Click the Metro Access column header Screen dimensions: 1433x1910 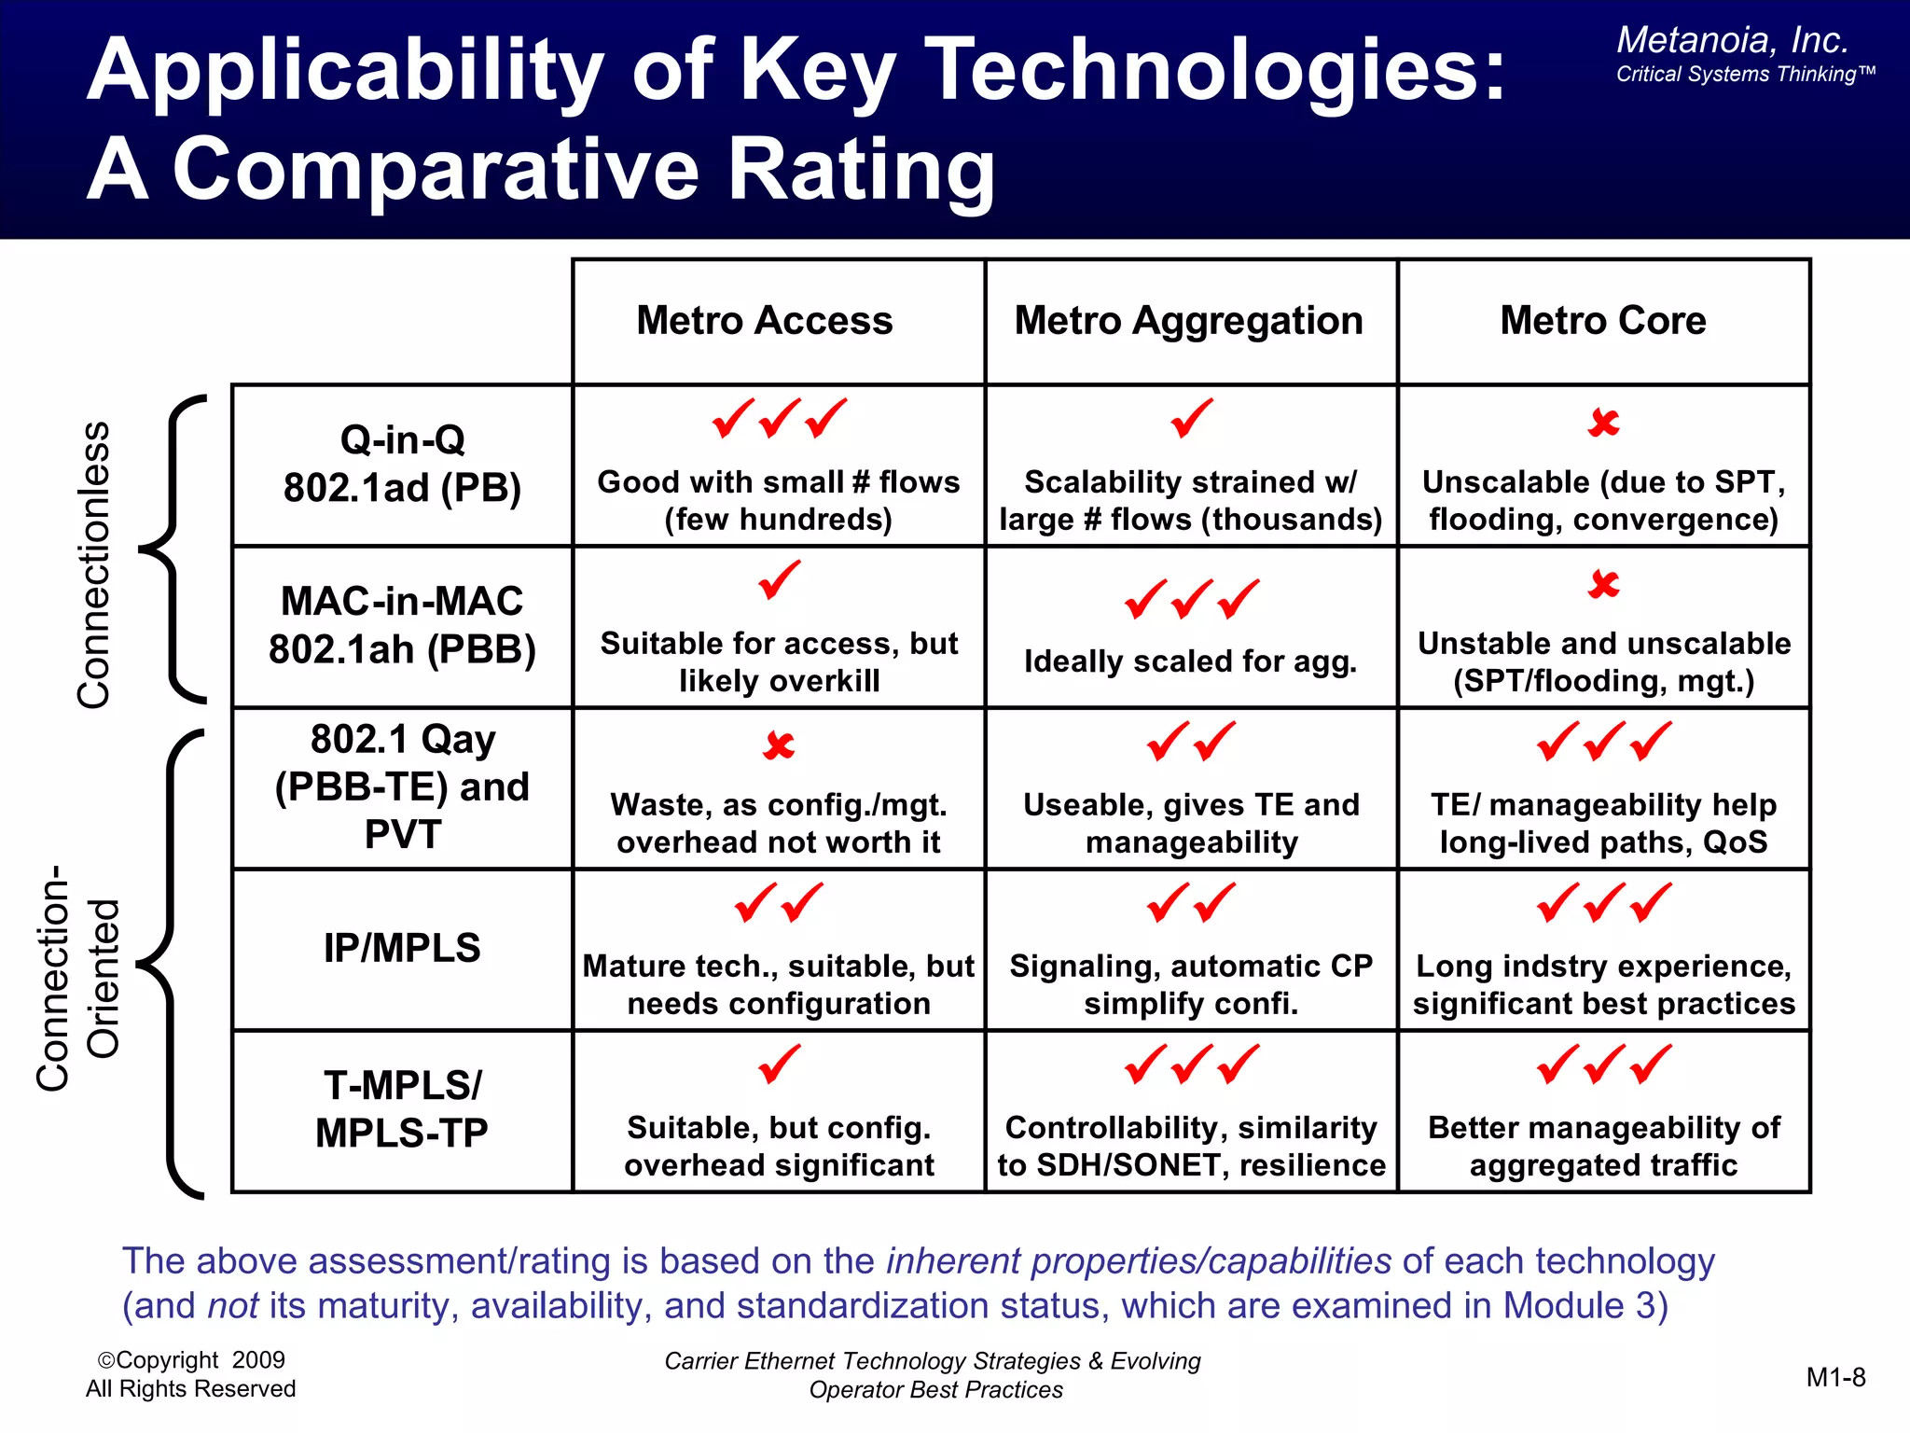[x=764, y=321]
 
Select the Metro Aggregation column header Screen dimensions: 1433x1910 [x=1188, y=321]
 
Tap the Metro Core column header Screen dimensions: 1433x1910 [x=1602, y=321]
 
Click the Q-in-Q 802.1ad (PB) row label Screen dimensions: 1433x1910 [x=402, y=464]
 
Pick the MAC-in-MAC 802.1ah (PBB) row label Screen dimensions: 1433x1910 [x=402, y=625]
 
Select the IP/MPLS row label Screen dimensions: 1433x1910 [x=402, y=948]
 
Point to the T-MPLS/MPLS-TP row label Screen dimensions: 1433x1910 [x=402, y=1109]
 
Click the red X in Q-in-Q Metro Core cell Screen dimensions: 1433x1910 [x=1603, y=423]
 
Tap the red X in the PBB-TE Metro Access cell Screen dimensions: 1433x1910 [x=779, y=745]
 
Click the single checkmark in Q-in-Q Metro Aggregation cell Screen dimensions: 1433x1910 [x=1191, y=418]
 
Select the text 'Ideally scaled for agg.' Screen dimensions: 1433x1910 [x=1190, y=661]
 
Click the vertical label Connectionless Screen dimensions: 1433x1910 [x=93, y=564]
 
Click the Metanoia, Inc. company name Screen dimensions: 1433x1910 [x=1732, y=40]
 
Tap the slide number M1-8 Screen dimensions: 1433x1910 [x=1834, y=1377]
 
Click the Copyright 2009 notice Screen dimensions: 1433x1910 [x=191, y=1360]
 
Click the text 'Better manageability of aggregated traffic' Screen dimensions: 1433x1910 [x=1603, y=1146]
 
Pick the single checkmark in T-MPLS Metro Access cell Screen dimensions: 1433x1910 [x=779, y=1064]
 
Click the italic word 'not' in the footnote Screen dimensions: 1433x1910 [x=232, y=1305]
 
